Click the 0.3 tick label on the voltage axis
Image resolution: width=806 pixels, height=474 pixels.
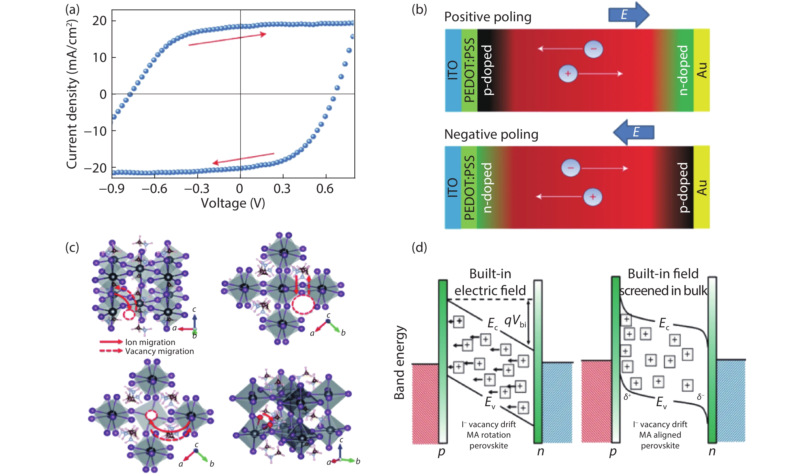point(282,189)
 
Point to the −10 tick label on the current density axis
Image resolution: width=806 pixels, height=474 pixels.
point(95,131)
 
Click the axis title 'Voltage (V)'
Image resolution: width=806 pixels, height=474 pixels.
point(233,203)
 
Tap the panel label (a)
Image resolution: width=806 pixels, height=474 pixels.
point(72,9)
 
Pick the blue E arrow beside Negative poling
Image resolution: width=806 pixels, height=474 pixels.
point(634,132)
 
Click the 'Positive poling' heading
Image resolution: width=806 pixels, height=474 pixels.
point(488,17)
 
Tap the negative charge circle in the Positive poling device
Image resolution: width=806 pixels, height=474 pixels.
point(593,49)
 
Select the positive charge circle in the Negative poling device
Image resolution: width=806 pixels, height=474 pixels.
point(593,197)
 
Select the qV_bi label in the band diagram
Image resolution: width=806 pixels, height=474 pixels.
point(515,321)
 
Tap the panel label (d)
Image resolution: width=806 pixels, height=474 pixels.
point(419,247)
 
